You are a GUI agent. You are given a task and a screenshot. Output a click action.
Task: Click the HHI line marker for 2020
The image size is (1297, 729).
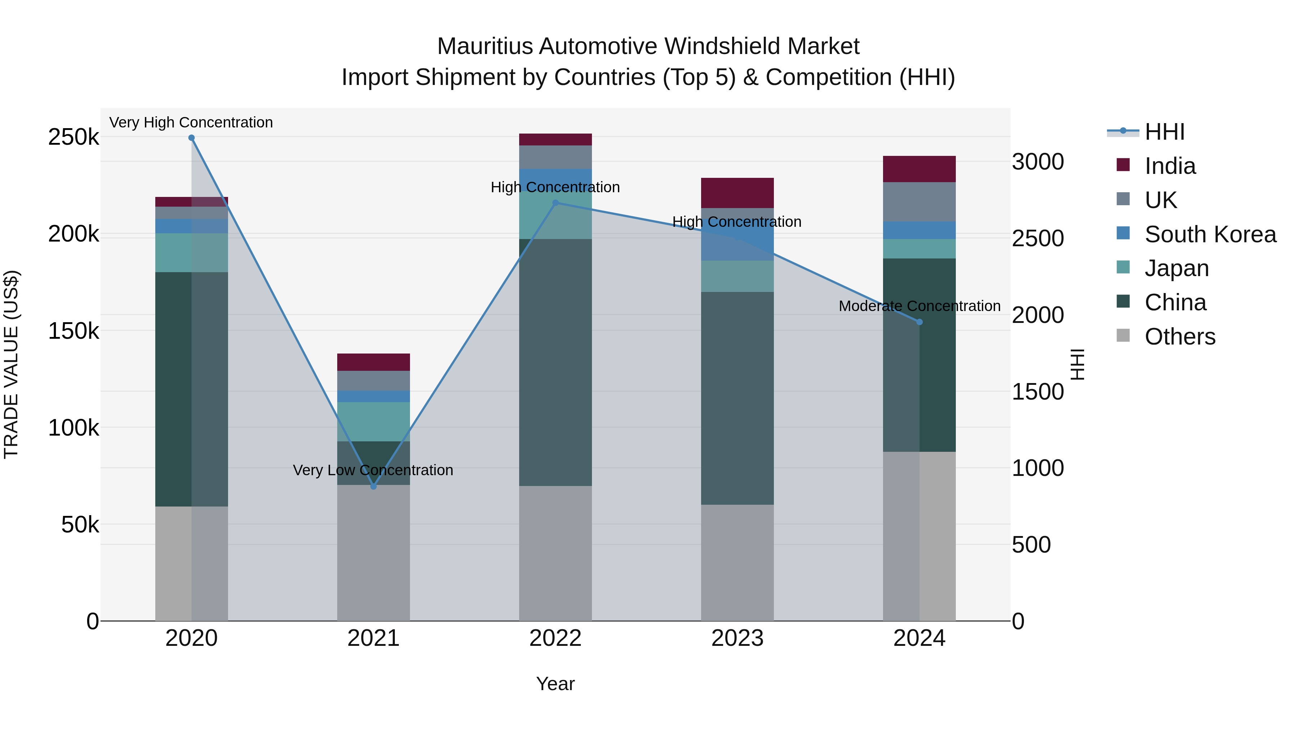[191, 138]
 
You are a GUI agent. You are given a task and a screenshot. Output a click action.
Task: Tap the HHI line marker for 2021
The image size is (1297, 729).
[374, 486]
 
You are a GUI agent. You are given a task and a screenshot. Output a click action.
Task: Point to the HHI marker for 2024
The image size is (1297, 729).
[919, 322]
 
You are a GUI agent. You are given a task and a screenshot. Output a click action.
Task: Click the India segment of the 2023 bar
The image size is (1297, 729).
[737, 193]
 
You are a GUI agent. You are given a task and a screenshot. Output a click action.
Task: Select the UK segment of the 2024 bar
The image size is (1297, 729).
[919, 202]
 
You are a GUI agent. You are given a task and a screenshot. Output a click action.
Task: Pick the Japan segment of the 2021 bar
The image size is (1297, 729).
[374, 422]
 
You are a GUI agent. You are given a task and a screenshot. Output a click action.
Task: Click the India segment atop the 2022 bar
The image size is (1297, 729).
[555, 139]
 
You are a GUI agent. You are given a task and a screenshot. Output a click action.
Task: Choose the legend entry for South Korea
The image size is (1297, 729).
[1210, 234]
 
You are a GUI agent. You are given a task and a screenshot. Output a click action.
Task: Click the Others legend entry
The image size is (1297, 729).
[1180, 337]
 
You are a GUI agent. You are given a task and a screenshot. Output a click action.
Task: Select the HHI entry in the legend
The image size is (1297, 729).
[1164, 132]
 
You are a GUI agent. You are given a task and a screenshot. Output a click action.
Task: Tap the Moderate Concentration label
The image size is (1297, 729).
[919, 306]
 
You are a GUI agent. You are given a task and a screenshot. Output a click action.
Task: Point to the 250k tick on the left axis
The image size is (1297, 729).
[73, 137]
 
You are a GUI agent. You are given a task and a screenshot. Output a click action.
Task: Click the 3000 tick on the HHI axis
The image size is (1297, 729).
[1038, 162]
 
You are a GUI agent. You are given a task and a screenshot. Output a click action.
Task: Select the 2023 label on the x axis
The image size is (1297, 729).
[737, 638]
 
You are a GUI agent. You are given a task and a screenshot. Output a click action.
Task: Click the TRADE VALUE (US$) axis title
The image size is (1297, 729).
[11, 364]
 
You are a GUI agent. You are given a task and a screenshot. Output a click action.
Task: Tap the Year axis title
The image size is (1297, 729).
[555, 684]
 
